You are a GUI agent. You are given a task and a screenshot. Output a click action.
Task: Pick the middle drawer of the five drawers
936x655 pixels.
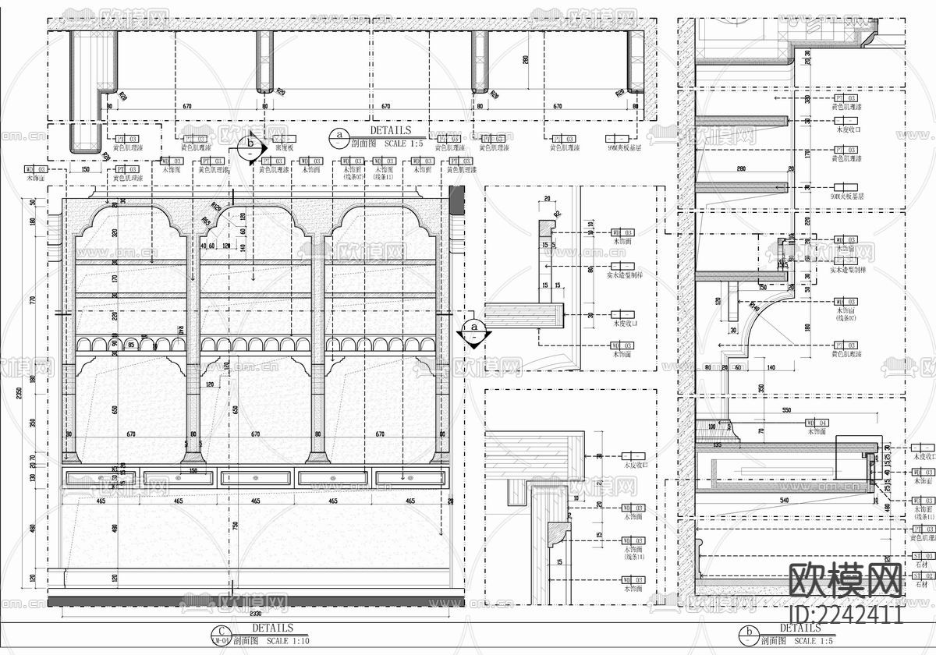[x=255, y=477]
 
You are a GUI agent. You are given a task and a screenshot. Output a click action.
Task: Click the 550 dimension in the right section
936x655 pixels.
[x=785, y=409]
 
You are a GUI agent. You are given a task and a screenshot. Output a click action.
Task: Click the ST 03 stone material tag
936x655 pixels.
[x=921, y=597]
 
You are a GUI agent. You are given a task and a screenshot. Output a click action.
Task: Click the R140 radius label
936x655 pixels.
[x=752, y=307]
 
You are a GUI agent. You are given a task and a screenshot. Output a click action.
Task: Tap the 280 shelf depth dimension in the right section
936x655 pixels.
[x=740, y=169]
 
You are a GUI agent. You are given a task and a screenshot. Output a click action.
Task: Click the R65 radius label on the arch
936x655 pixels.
[x=206, y=221]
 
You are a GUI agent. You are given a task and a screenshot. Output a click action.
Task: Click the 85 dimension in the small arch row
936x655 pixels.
[x=132, y=343]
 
